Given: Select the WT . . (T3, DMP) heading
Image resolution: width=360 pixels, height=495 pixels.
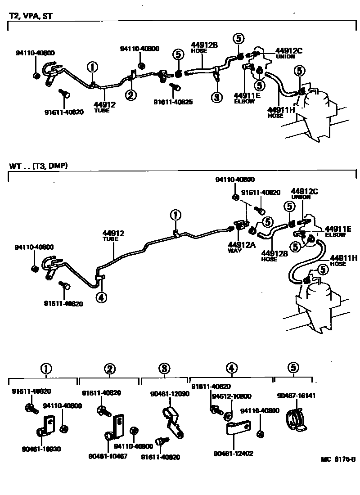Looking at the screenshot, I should [39, 166].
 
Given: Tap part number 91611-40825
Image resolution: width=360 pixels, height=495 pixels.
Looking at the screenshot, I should [173, 102].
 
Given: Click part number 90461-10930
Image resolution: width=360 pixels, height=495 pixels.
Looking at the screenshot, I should [41, 449].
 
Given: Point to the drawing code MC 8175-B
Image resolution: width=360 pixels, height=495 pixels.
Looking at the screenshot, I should [338, 459].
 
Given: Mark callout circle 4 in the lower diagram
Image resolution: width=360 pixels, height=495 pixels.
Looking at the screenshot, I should [102, 297].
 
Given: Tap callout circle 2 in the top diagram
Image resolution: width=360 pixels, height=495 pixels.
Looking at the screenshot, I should [130, 95].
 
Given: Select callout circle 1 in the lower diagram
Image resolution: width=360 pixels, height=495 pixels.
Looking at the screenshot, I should [175, 215].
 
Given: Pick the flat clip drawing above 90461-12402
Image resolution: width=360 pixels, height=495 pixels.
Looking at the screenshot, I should [237, 428].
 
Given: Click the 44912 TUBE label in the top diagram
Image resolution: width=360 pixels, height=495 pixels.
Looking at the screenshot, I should [104, 107].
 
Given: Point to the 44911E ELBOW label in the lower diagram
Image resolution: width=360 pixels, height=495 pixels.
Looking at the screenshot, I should [335, 231].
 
